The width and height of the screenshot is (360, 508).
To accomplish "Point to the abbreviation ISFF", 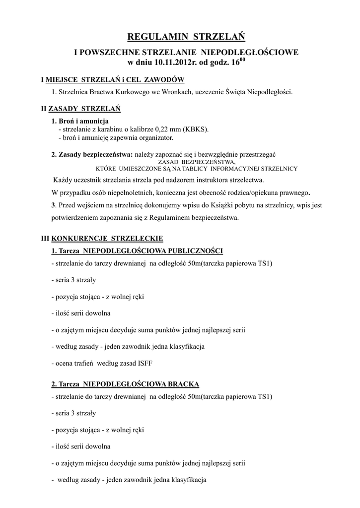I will click(144, 364).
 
